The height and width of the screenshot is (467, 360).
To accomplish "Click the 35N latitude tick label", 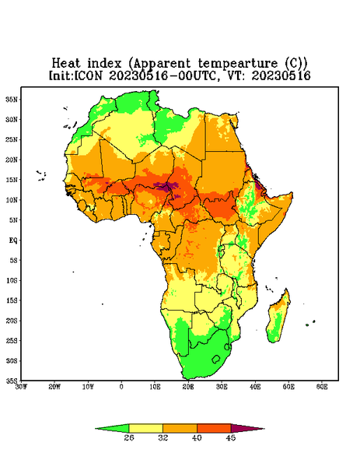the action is tap(12, 100).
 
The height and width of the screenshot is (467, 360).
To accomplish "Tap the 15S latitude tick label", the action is tap(12, 300).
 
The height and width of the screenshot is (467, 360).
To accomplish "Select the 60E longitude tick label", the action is tap(322, 387).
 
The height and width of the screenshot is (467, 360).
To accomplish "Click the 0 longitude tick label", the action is tap(121, 387).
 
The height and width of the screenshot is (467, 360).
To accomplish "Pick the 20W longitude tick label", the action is tap(54, 387).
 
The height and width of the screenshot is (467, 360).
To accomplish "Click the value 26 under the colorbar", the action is tap(129, 437).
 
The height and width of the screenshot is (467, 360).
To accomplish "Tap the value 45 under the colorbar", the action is tap(231, 437).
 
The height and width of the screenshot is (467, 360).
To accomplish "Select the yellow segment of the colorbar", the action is tap(145, 429).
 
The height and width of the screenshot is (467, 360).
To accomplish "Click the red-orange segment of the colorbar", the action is tap(214, 429).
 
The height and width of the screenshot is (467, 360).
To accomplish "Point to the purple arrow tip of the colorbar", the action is tap(264, 429).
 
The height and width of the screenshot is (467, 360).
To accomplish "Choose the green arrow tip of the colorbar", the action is tap(96, 429).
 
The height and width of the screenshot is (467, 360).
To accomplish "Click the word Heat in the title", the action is tap(66, 64).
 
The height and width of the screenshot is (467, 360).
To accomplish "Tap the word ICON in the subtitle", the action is tap(88, 75).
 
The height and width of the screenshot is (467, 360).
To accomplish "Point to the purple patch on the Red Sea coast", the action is tap(257, 185).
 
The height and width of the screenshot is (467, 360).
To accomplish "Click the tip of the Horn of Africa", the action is tap(292, 194).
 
